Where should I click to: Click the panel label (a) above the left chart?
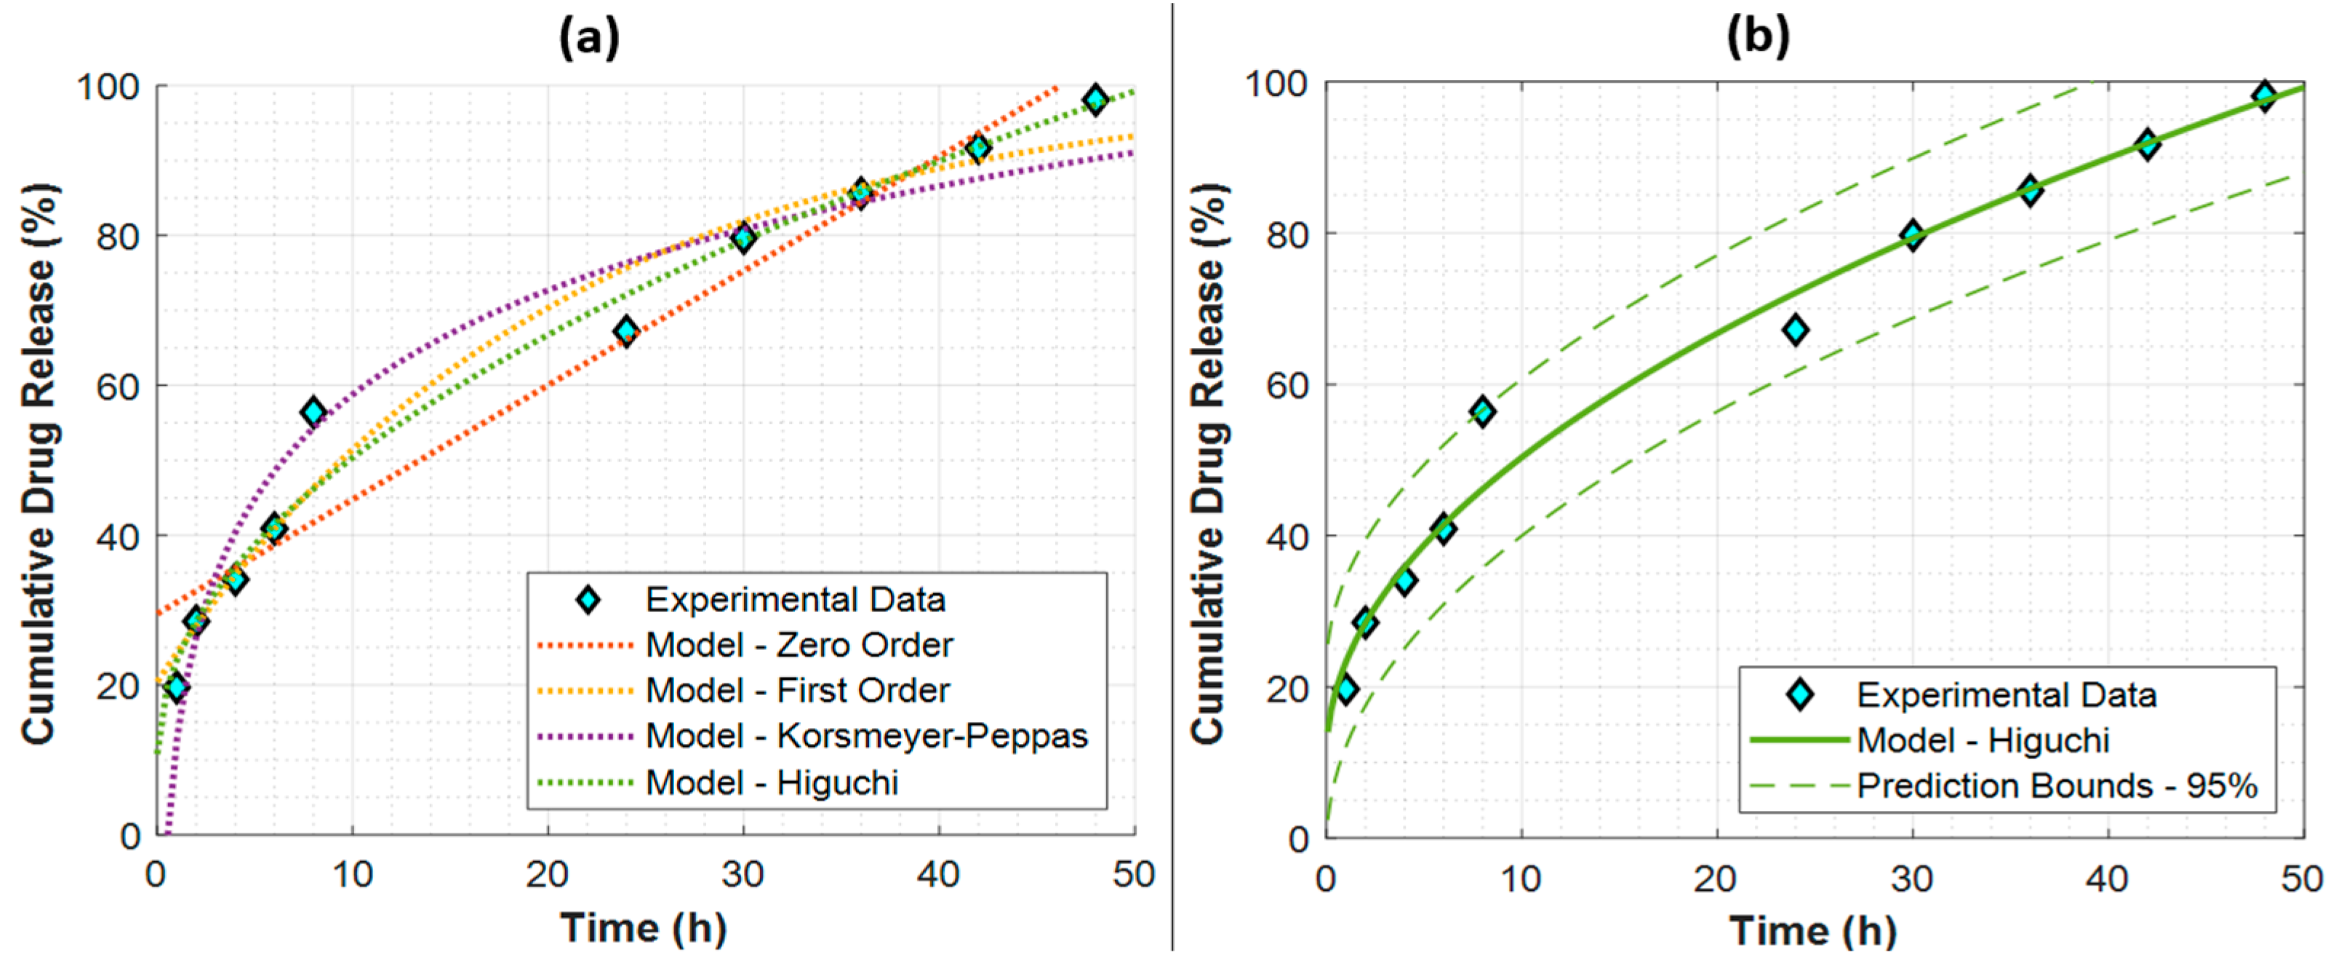(589, 38)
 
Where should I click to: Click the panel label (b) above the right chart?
(1758, 38)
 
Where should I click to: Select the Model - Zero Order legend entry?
(799, 645)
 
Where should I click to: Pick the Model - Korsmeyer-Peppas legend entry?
(866, 735)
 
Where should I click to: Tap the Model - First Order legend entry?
(797, 690)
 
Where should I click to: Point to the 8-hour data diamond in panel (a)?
(313, 412)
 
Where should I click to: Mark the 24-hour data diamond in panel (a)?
(625, 331)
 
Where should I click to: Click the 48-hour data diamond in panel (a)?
(1095, 99)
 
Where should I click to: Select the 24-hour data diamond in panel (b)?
(1795, 330)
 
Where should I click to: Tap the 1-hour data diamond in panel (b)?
(1347, 689)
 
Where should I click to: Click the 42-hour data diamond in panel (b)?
(2147, 143)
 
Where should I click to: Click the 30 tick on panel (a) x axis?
(743, 875)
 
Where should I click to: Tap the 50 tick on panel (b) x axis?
(2301, 879)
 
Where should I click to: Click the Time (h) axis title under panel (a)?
(644, 927)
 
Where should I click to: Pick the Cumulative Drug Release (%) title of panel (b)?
(1209, 464)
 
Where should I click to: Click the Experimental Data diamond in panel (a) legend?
(588, 599)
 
